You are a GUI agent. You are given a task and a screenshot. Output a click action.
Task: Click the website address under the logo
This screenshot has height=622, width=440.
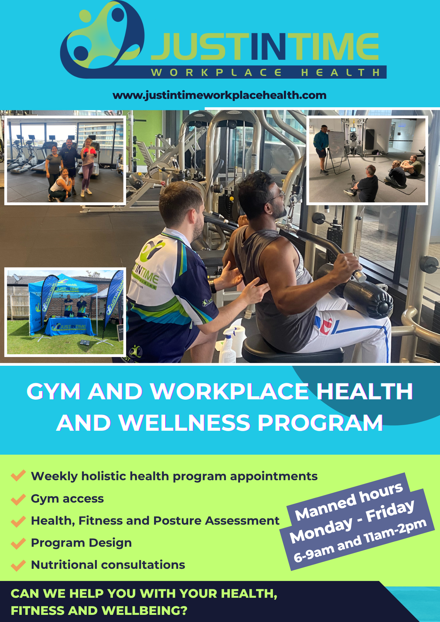tap(219, 95)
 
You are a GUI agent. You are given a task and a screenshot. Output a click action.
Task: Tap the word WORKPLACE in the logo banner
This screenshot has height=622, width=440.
tap(216, 72)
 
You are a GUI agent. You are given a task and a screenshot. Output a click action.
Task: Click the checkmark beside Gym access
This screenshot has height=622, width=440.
tap(18, 499)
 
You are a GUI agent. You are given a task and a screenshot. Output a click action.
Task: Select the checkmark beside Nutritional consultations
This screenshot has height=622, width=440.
tap(18, 565)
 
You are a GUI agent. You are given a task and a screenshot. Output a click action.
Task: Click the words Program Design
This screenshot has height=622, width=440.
tap(81, 543)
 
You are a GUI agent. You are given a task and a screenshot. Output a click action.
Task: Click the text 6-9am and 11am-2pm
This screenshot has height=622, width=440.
tap(360, 541)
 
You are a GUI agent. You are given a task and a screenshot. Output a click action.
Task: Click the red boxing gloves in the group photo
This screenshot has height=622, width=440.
tap(89, 151)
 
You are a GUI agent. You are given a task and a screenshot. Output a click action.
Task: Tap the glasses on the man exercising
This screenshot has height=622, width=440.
tap(278, 196)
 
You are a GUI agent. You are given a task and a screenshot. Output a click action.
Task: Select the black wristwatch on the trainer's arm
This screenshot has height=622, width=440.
tap(213, 286)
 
